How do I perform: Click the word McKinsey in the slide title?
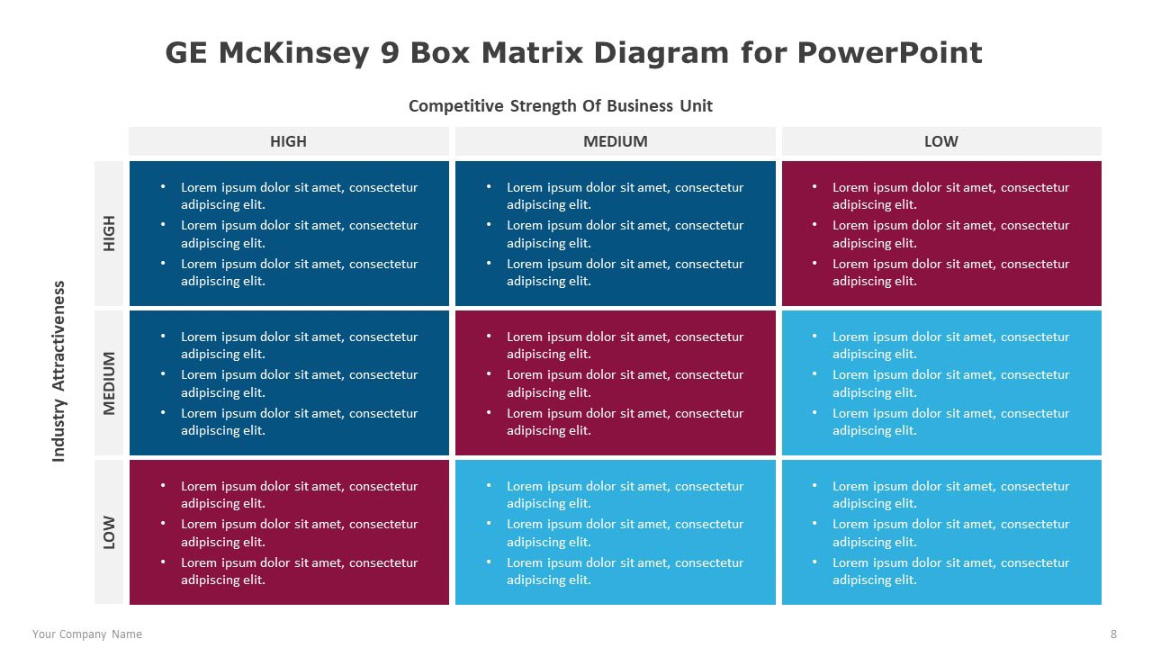pyautogui.click(x=294, y=53)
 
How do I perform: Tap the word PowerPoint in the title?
pyautogui.click(x=890, y=53)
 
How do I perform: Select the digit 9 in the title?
pyautogui.click(x=391, y=53)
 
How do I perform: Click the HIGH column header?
pyautogui.click(x=289, y=141)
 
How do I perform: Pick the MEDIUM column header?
pyautogui.click(x=615, y=141)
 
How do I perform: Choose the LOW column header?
pyautogui.click(x=941, y=141)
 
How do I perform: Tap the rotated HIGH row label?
pyautogui.click(x=109, y=233)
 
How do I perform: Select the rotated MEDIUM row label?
pyautogui.click(x=109, y=383)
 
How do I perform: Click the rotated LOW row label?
pyautogui.click(x=109, y=532)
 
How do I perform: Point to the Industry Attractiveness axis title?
pyautogui.click(x=59, y=372)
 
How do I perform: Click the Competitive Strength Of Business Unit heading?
pyautogui.click(x=560, y=106)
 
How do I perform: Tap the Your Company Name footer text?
pyautogui.click(x=87, y=634)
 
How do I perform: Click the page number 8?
pyautogui.click(x=1113, y=634)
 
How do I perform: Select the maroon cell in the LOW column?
pyautogui.click(x=941, y=233)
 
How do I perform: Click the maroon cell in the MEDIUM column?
pyautogui.click(x=615, y=383)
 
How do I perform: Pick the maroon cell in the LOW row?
pyautogui.click(x=289, y=532)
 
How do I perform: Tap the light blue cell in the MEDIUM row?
pyautogui.click(x=941, y=383)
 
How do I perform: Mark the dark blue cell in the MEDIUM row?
pyautogui.click(x=289, y=383)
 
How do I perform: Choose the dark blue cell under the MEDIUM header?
pyautogui.click(x=615, y=233)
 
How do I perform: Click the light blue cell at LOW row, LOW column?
pyautogui.click(x=941, y=532)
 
